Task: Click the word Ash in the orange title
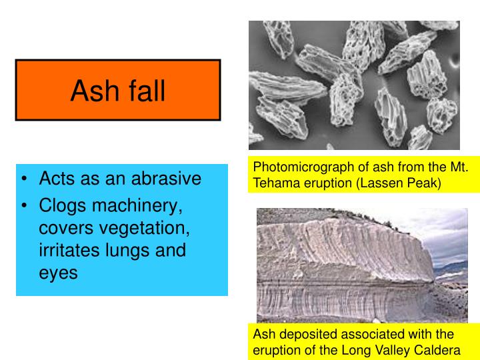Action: tap(90, 91)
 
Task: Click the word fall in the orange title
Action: tap(142, 91)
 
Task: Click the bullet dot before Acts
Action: tap(25, 180)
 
